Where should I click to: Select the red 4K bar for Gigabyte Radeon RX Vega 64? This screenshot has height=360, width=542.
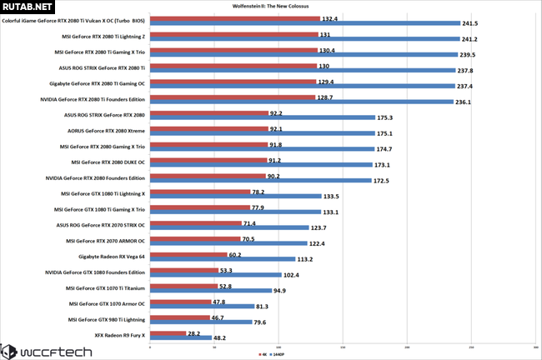pyautogui.click(x=188, y=255)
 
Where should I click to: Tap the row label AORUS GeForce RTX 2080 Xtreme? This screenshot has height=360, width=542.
pyautogui.click(x=104, y=130)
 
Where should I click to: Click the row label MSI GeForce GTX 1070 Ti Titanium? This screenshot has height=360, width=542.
pyautogui.click(x=105, y=287)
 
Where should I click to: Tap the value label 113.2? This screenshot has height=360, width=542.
pyautogui.click(x=309, y=259)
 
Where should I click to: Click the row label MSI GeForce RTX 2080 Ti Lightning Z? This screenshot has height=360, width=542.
pyautogui.click(x=103, y=36)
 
